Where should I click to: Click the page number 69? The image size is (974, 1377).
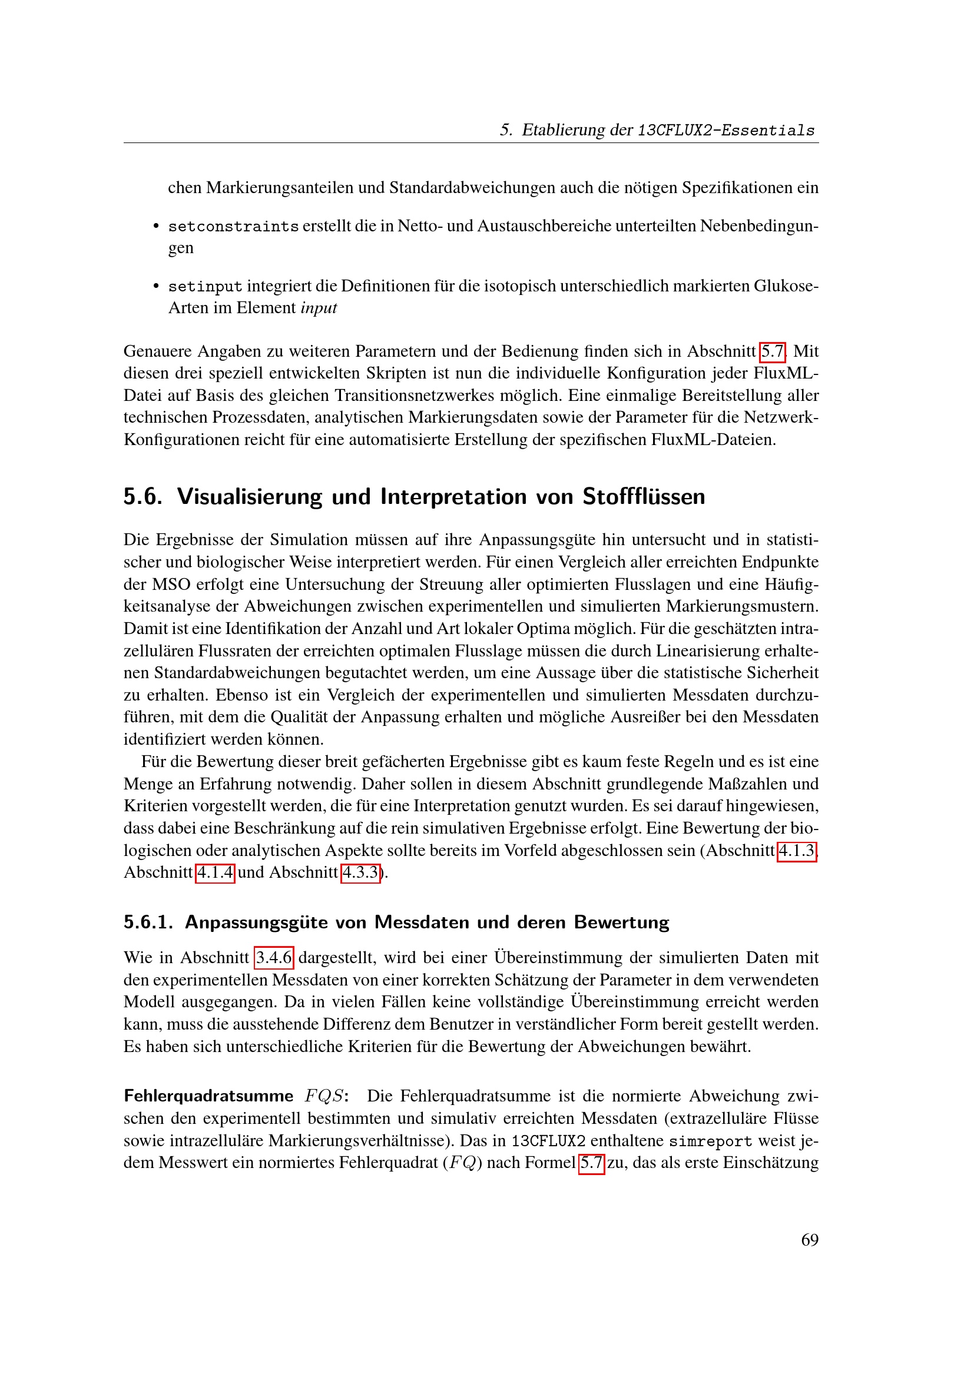809,1240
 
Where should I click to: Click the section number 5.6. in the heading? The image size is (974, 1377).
143,497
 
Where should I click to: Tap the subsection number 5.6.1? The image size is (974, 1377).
148,922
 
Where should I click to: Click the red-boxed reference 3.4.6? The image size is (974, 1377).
274,957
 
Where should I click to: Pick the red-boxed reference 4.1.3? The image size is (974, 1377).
797,851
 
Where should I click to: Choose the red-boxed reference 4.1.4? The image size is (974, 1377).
216,872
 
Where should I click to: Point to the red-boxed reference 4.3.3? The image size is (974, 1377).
361,872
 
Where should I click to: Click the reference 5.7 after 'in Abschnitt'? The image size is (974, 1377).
773,351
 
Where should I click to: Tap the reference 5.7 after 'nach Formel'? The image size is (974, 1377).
591,1163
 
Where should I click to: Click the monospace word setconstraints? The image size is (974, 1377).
233,227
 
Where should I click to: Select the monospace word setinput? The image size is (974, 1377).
205,287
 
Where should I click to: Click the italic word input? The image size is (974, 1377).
319,308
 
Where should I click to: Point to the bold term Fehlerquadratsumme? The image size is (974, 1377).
208,1096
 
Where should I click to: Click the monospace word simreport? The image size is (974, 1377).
710,1142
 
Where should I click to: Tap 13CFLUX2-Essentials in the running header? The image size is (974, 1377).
725,130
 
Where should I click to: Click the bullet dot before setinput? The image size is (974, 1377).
156,287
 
